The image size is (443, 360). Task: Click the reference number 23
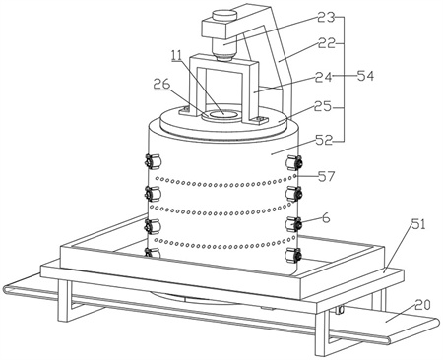(325, 18)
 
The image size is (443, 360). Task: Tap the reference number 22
(327, 43)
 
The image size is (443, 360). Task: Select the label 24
(324, 78)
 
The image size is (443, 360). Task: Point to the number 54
(365, 76)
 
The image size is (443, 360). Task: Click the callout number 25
(323, 106)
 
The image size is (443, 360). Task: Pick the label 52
(324, 141)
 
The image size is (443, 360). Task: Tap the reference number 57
(326, 176)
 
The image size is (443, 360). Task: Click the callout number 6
(326, 217)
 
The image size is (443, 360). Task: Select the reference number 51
(418, 225)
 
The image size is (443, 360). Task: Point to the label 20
(422, 305)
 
